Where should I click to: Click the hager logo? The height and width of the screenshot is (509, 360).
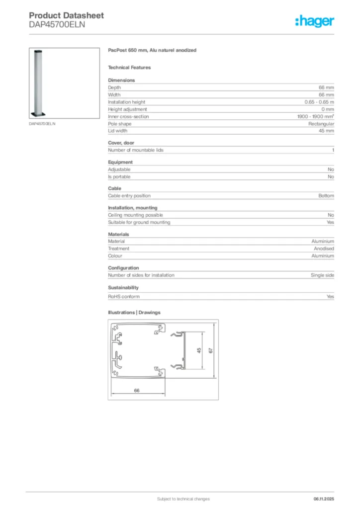(x=314, y=21)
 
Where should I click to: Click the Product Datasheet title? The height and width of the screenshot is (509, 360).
(x=66, y=15)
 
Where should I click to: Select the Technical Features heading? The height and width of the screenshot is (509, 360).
(x=129, y=67)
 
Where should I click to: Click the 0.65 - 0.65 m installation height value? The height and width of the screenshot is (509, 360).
(x=319, y=102)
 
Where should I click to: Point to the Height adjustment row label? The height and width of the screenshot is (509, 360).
(x=127, y=109)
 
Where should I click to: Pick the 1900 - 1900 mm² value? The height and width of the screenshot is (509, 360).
(x=312, y=116)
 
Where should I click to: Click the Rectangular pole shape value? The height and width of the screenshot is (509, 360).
(x=321, y=124)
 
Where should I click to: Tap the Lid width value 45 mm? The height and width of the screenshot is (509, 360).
(x=326, y=131)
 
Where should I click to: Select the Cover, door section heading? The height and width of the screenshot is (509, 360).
(x=121, y=143)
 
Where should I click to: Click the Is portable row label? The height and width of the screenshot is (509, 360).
(x=119, y=176)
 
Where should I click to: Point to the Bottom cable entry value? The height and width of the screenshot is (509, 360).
(x=326, y=196)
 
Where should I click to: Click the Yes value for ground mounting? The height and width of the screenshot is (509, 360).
(x=330, y=222)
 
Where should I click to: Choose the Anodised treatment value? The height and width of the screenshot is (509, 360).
(x=324, y=249)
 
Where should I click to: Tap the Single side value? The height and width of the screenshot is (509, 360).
(x=322, y=275)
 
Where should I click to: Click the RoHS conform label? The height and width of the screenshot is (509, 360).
(x=124, y=296)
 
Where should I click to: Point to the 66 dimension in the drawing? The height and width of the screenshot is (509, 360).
(x=137, y=391)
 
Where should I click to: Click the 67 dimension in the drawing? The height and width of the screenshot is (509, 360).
(x=211, y=350)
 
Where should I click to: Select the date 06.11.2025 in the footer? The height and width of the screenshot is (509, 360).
(x=324, y=499)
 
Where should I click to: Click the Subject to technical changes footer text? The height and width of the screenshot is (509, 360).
(x=183, y=499)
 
